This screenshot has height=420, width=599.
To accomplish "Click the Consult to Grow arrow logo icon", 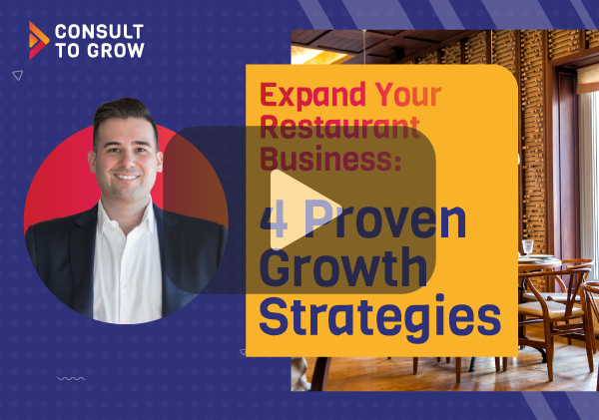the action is tap(39, 41).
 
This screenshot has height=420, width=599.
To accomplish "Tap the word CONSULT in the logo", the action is tap(99, 32).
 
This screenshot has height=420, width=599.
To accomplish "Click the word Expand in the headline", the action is tap(313, 96).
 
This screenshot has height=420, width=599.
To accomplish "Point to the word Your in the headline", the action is tap(408, 95).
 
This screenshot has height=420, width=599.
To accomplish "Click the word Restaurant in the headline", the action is tap(340, 127).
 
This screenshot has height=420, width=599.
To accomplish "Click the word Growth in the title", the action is tap(343, 267).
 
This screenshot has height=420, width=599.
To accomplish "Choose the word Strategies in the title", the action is tap(380, 316).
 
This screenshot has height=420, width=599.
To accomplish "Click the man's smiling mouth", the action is tap(127, 177).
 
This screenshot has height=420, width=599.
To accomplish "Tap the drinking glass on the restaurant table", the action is tap(527, 248).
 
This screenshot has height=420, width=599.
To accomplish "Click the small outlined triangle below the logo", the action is tap(18, 75).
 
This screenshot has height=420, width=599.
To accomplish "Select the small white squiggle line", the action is tap(71, 379).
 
